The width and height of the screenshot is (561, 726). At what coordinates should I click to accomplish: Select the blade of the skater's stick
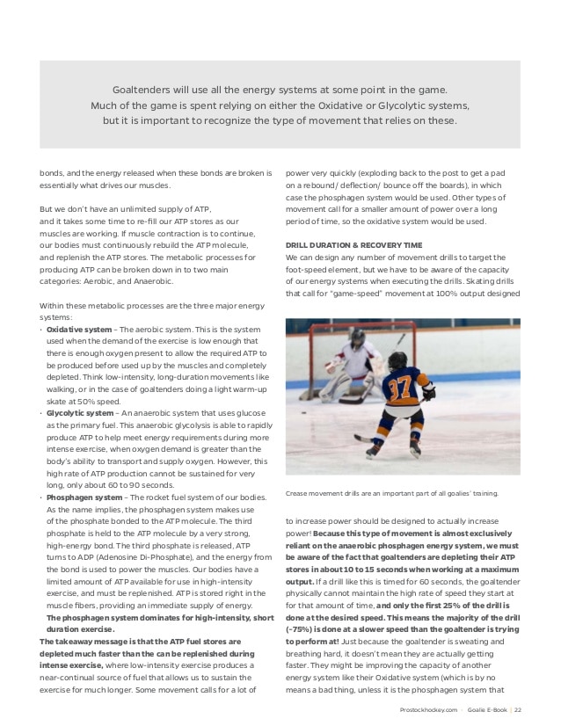pos(359,437)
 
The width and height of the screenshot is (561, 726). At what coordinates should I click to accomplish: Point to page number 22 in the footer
pos(518,709)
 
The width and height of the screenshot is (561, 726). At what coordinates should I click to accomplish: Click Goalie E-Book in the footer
pos(484,709)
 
